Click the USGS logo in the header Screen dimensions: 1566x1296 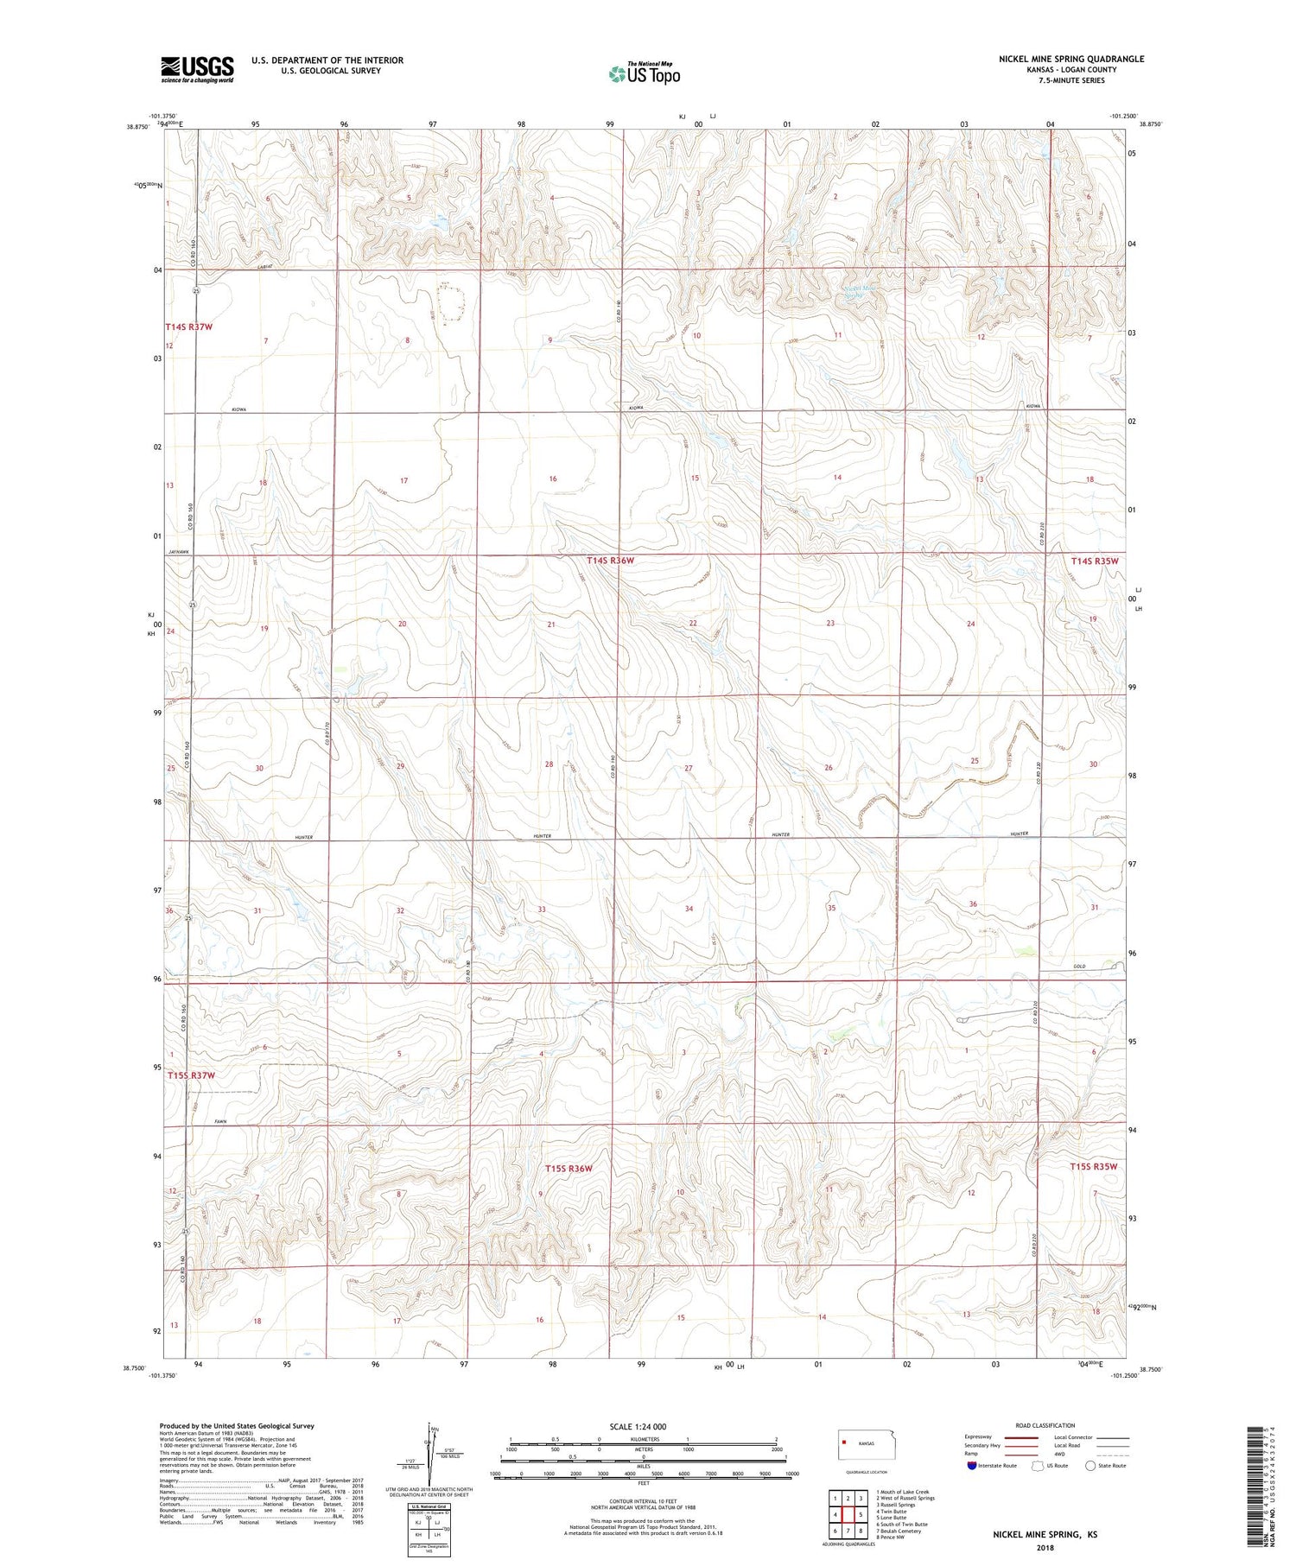click(x=197, y=69)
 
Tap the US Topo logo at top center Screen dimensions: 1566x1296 click(x=645, y=73)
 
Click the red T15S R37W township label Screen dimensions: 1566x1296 click(x=191, y=1075)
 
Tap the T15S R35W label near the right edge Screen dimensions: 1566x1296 click(x=1095, y=1166)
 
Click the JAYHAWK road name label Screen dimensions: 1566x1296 click(x=179, y=551)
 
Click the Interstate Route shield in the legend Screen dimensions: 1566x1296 click(x=971, y=1466)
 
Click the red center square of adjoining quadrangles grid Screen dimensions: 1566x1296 click(x=848, y=1514)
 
